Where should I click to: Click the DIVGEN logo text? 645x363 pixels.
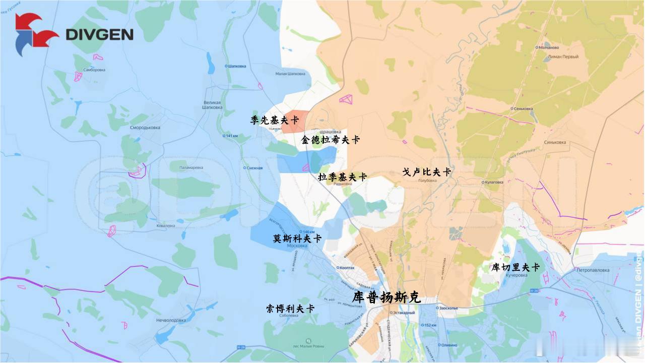tap(100, 34)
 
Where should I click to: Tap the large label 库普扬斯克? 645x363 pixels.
tap(386, 297)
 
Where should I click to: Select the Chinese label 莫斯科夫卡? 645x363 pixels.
tap(297, 238)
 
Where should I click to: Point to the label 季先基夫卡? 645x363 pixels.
tap(275, 120)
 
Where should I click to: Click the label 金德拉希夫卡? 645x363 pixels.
tap(331, 140)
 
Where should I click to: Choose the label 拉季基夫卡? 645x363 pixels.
tap(343, 177)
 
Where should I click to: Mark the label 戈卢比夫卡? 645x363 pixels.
tap(426, 172)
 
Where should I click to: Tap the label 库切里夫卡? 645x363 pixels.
tap(515, 267)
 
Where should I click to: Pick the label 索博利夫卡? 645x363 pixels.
tap(290, 309)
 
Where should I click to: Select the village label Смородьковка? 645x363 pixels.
tap(145, 128)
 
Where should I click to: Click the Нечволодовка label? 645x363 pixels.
tap(171, 320)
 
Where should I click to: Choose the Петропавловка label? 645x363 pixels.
tap(593, 270)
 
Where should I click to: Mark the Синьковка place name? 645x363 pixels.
tap(555, 142)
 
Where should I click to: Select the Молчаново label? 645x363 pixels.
tap(552, 47)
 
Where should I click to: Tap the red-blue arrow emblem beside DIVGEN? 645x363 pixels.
tap(36, 34)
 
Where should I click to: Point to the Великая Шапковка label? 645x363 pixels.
tap(212, 104)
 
